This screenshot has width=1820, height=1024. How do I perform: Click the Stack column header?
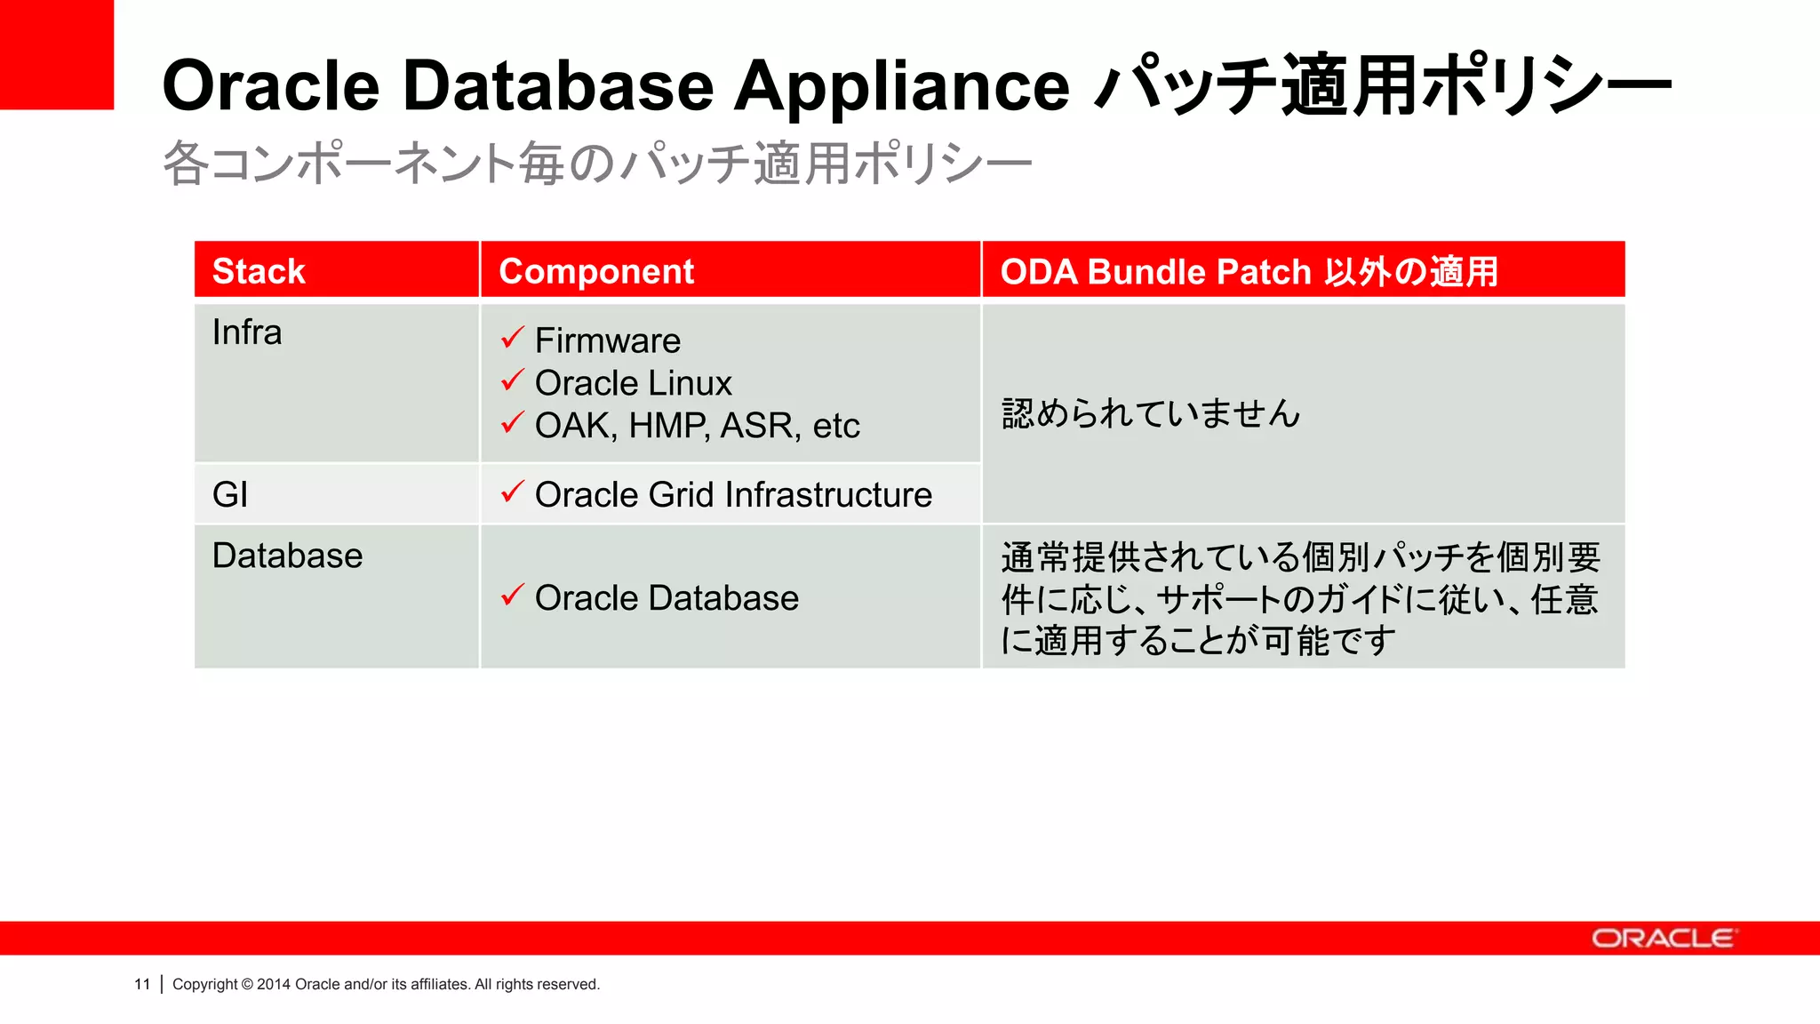click(259, 271)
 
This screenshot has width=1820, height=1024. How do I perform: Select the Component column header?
click(596, 271)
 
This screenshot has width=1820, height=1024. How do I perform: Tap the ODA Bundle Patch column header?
click(1249, 271)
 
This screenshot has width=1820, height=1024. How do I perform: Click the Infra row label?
click(247, 332)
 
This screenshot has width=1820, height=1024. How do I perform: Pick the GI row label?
click(230, 494)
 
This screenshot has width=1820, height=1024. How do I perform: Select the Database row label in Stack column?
click(287, 556)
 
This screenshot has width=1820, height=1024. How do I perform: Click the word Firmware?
click(608, 340)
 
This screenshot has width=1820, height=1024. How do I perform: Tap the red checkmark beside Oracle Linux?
click(513, 381)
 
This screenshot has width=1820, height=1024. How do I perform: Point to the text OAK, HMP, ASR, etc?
click(697, 426)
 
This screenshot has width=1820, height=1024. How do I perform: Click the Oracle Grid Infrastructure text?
click(733, 494)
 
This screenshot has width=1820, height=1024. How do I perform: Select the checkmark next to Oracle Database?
click(513, 595)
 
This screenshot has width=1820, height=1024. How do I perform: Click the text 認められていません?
click(1151, 413)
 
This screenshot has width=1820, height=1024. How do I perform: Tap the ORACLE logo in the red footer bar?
click(1663, 939)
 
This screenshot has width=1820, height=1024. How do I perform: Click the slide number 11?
click(142, 984)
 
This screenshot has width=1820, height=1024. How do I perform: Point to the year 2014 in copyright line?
click(274, 984)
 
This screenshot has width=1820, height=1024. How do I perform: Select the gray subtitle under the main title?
click(596, 164)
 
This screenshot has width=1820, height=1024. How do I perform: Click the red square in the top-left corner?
click(56, 54)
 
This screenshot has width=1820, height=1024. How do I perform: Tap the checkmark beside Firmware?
click(513, 339)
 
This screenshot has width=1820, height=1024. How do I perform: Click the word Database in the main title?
click(558, 86)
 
